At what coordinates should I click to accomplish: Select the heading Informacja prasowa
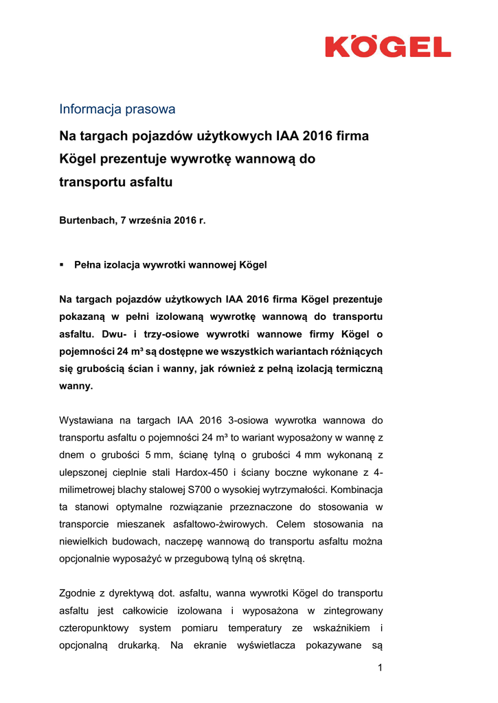coord(117,109)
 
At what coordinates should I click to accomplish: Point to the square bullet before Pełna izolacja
coord(62,264)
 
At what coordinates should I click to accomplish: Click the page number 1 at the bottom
coord(379,668)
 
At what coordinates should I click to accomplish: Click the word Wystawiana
coord(86,419)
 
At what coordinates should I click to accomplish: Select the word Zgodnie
coord(78,592)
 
